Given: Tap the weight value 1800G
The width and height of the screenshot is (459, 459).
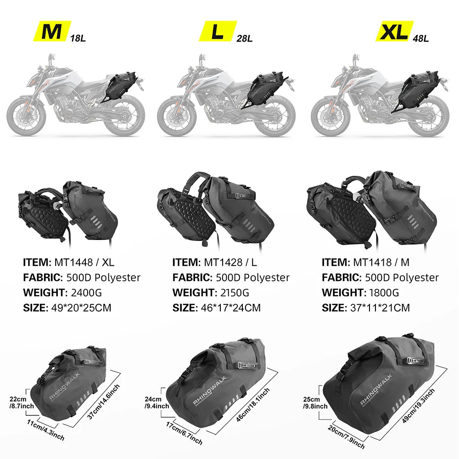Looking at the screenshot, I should [x=382, y=292].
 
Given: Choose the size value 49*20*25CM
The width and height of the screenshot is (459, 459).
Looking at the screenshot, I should [x=80, y=308].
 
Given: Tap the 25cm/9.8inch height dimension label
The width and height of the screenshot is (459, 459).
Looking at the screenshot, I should [x=314, y=403].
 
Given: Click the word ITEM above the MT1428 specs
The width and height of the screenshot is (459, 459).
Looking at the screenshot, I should [x=185, y=263].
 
